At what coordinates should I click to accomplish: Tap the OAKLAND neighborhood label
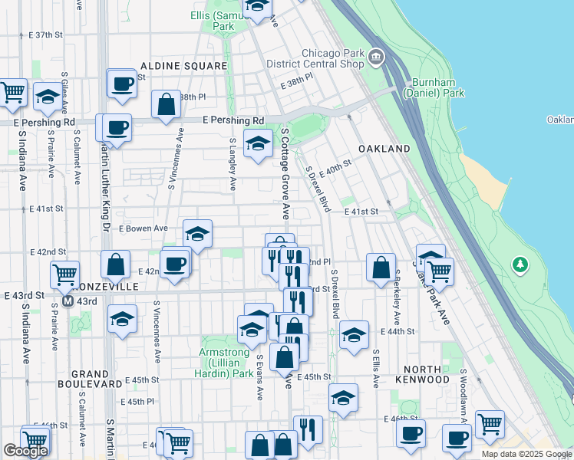coord(384,148)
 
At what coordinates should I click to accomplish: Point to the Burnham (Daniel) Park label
coord(438,87)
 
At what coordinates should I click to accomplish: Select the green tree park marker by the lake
coord(521,264)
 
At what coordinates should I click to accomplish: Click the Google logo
coord(25,451)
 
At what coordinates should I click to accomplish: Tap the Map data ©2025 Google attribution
coord(526,454)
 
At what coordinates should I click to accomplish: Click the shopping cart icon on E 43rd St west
coord(64,273)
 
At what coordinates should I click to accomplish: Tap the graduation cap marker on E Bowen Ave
coord(197,234)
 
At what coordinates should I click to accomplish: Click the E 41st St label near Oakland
coord(361,211)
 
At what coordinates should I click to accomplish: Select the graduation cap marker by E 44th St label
coord(353,334)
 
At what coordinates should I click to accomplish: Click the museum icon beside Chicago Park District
coord(376,56)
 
